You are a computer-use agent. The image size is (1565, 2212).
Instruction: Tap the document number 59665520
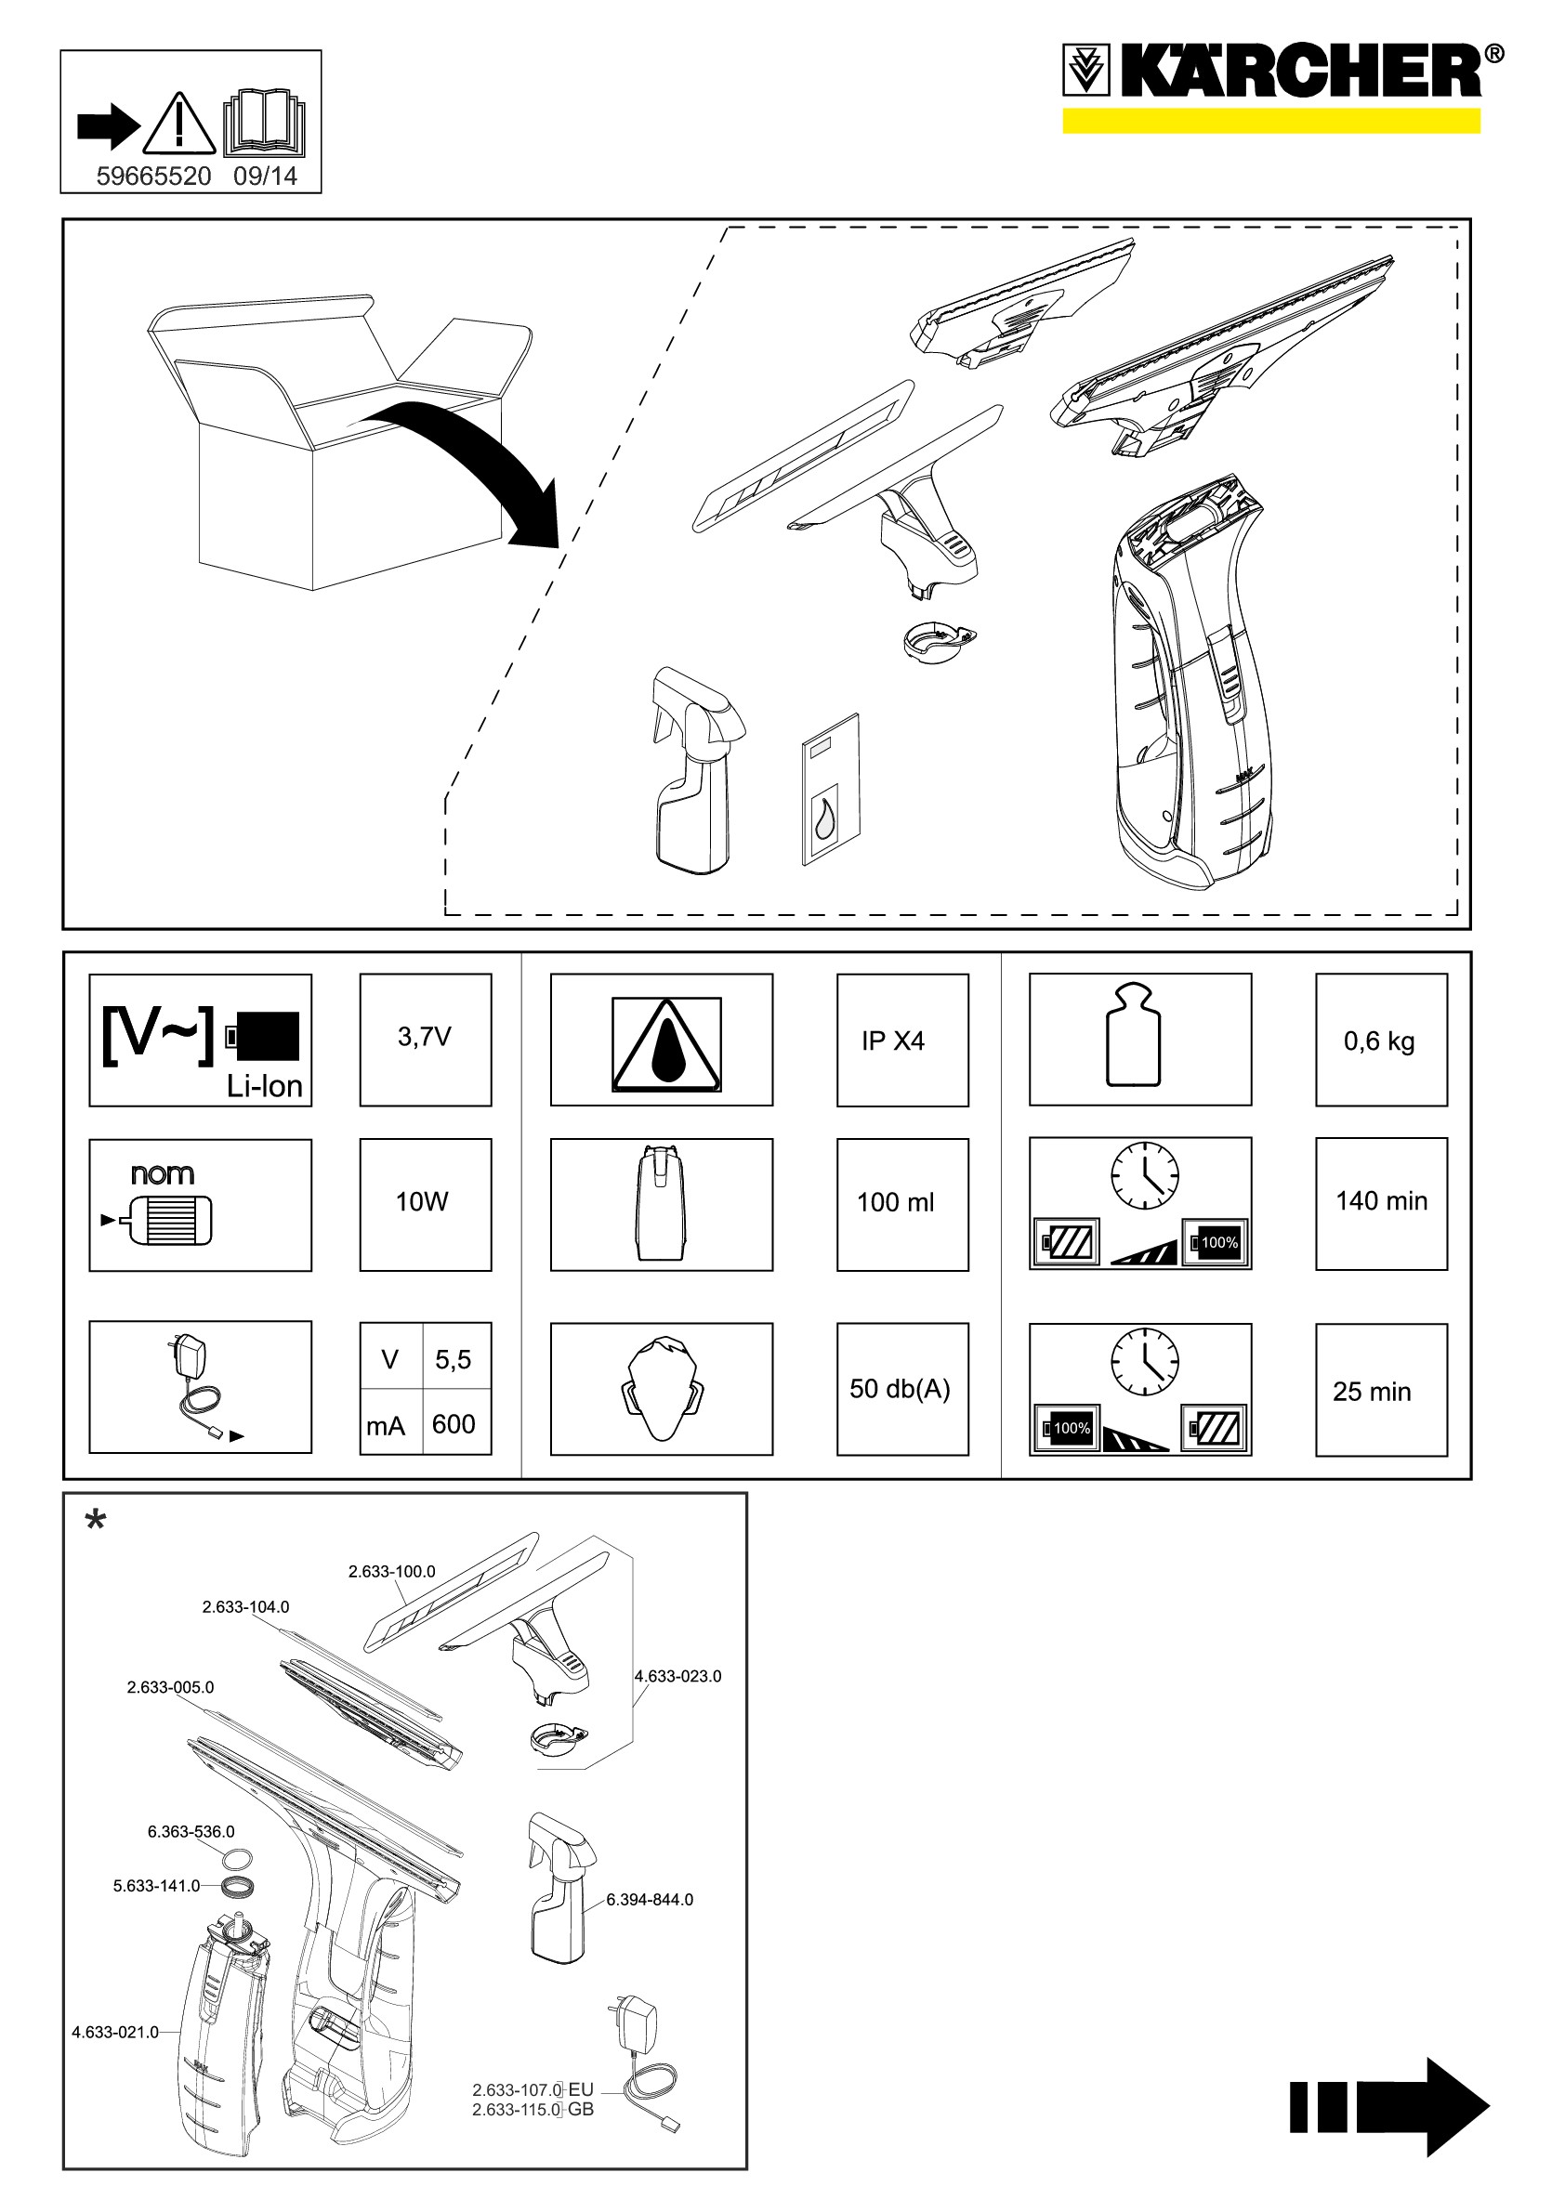point(153,177)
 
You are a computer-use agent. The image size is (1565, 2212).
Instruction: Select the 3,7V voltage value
point(425,1037)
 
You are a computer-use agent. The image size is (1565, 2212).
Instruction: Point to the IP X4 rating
point(893,1041)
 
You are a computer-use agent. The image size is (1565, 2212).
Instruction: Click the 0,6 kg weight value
point(1379,1041)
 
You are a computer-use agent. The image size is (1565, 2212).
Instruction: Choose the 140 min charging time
point(1381,1200)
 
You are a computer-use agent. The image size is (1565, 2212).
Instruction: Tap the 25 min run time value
point(1372,1391)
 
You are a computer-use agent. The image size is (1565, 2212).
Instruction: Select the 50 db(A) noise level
point(901,1388)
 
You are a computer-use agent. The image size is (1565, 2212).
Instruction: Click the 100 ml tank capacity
point(896,1202)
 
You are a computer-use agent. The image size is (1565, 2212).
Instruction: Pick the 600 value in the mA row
point(454,1424)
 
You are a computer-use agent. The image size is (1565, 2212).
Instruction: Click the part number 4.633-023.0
point(677,1676)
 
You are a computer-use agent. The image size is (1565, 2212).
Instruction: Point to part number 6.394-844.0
point(650,1900)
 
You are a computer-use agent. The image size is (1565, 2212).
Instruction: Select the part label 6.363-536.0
point(191,1831)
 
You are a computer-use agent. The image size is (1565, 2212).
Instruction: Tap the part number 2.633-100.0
point(391,1571)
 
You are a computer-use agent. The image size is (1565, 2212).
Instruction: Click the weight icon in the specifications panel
point(1134,1036)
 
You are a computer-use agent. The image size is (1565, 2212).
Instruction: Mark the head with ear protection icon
point(662,1388)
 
